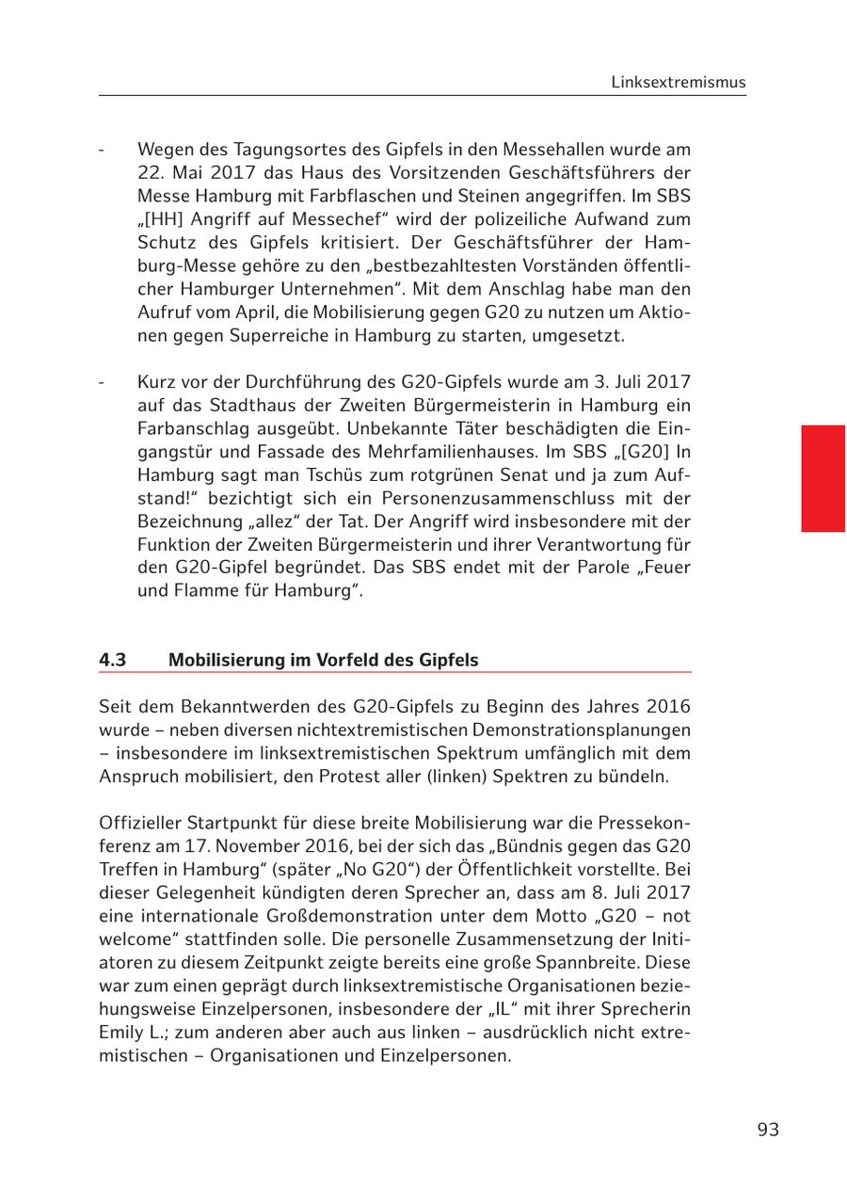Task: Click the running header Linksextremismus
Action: pos(678,82)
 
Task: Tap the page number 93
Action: pos(768,1130)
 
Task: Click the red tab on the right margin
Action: pos(823,478)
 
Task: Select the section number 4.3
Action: pos(113,660)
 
